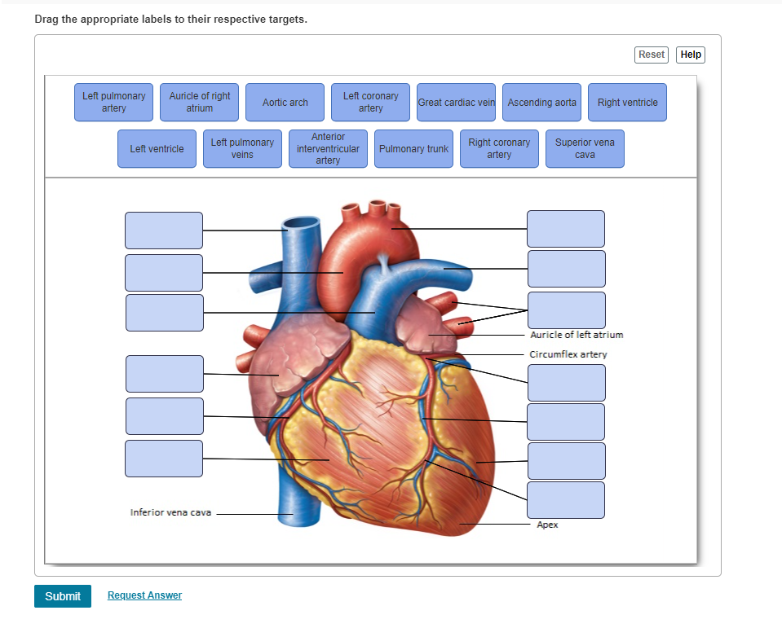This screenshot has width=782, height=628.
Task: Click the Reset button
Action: (652, 55)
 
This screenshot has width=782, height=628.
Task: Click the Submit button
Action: (63, 596)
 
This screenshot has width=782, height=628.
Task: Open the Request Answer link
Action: (144, 595)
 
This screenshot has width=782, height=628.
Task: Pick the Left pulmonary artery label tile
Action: (113, 102)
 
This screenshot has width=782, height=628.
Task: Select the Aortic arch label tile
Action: (285, 102)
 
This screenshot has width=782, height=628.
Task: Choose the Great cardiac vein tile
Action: (457, 102)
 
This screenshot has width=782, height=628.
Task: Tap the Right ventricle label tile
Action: (627, 102)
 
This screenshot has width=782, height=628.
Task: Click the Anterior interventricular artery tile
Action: (328, 148)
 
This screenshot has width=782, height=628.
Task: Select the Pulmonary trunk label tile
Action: (414, 148)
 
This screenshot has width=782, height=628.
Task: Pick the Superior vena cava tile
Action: (585, 148)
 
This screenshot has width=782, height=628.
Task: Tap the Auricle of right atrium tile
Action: (200, 102)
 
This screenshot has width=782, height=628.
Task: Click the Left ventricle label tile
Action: (157, 148)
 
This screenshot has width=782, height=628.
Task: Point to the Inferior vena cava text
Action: (170, 512)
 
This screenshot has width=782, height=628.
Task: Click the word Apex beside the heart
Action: (548, 525)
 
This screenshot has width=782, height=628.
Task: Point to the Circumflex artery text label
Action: (568, 354)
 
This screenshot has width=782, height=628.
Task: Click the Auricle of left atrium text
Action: (577, 335)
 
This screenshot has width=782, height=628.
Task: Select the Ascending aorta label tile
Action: (542, 102)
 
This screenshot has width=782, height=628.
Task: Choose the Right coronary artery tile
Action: (499, 148)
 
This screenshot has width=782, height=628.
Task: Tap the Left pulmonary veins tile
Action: (242, 148)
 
